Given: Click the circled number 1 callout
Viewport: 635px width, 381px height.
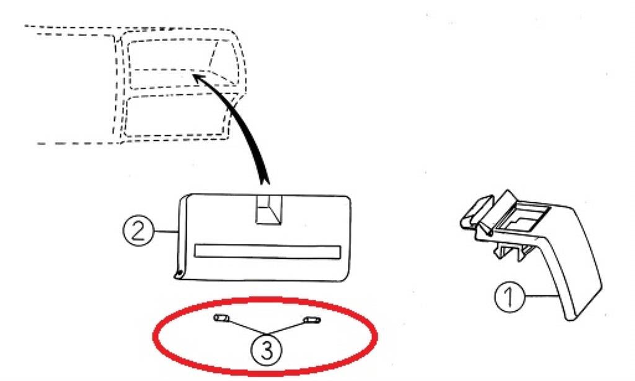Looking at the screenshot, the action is coord(510,297).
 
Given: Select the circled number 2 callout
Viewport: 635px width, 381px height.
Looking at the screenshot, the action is coord(138,230).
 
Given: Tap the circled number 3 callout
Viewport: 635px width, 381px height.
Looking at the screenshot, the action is coord(267,349).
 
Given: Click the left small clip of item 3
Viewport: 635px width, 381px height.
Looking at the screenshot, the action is coord(222,318).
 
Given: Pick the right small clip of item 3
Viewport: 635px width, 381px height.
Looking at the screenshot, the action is coord(312,320).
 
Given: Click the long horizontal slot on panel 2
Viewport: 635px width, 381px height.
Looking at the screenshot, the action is coord(267,251).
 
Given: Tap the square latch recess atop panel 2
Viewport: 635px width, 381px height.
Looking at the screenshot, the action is coord(268,210).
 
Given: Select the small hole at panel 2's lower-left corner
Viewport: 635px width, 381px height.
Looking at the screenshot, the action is coord(177,276).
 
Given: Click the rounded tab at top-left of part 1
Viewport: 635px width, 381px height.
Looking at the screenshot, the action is coord(477,212).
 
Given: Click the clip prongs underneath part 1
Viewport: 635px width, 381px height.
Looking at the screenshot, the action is coord(513,251).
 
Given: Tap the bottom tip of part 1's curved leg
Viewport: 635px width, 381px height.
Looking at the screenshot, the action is coord(571,319).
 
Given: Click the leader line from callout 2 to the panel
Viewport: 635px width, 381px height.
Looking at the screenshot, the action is coord(166,231).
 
